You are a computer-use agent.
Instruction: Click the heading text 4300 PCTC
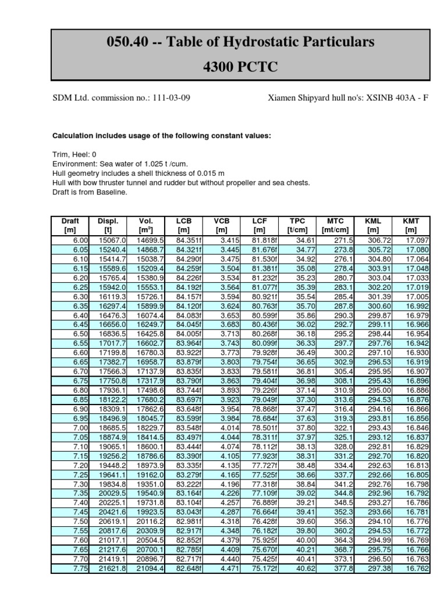click(x=240, y=67)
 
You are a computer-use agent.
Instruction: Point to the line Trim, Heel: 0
click(x=74, y=155)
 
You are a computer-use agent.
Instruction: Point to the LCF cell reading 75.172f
click(x=264, y=568)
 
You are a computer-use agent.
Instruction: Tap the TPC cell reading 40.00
click(x=306, y=540)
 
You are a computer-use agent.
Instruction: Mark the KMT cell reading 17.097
click(x=416, y=240)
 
